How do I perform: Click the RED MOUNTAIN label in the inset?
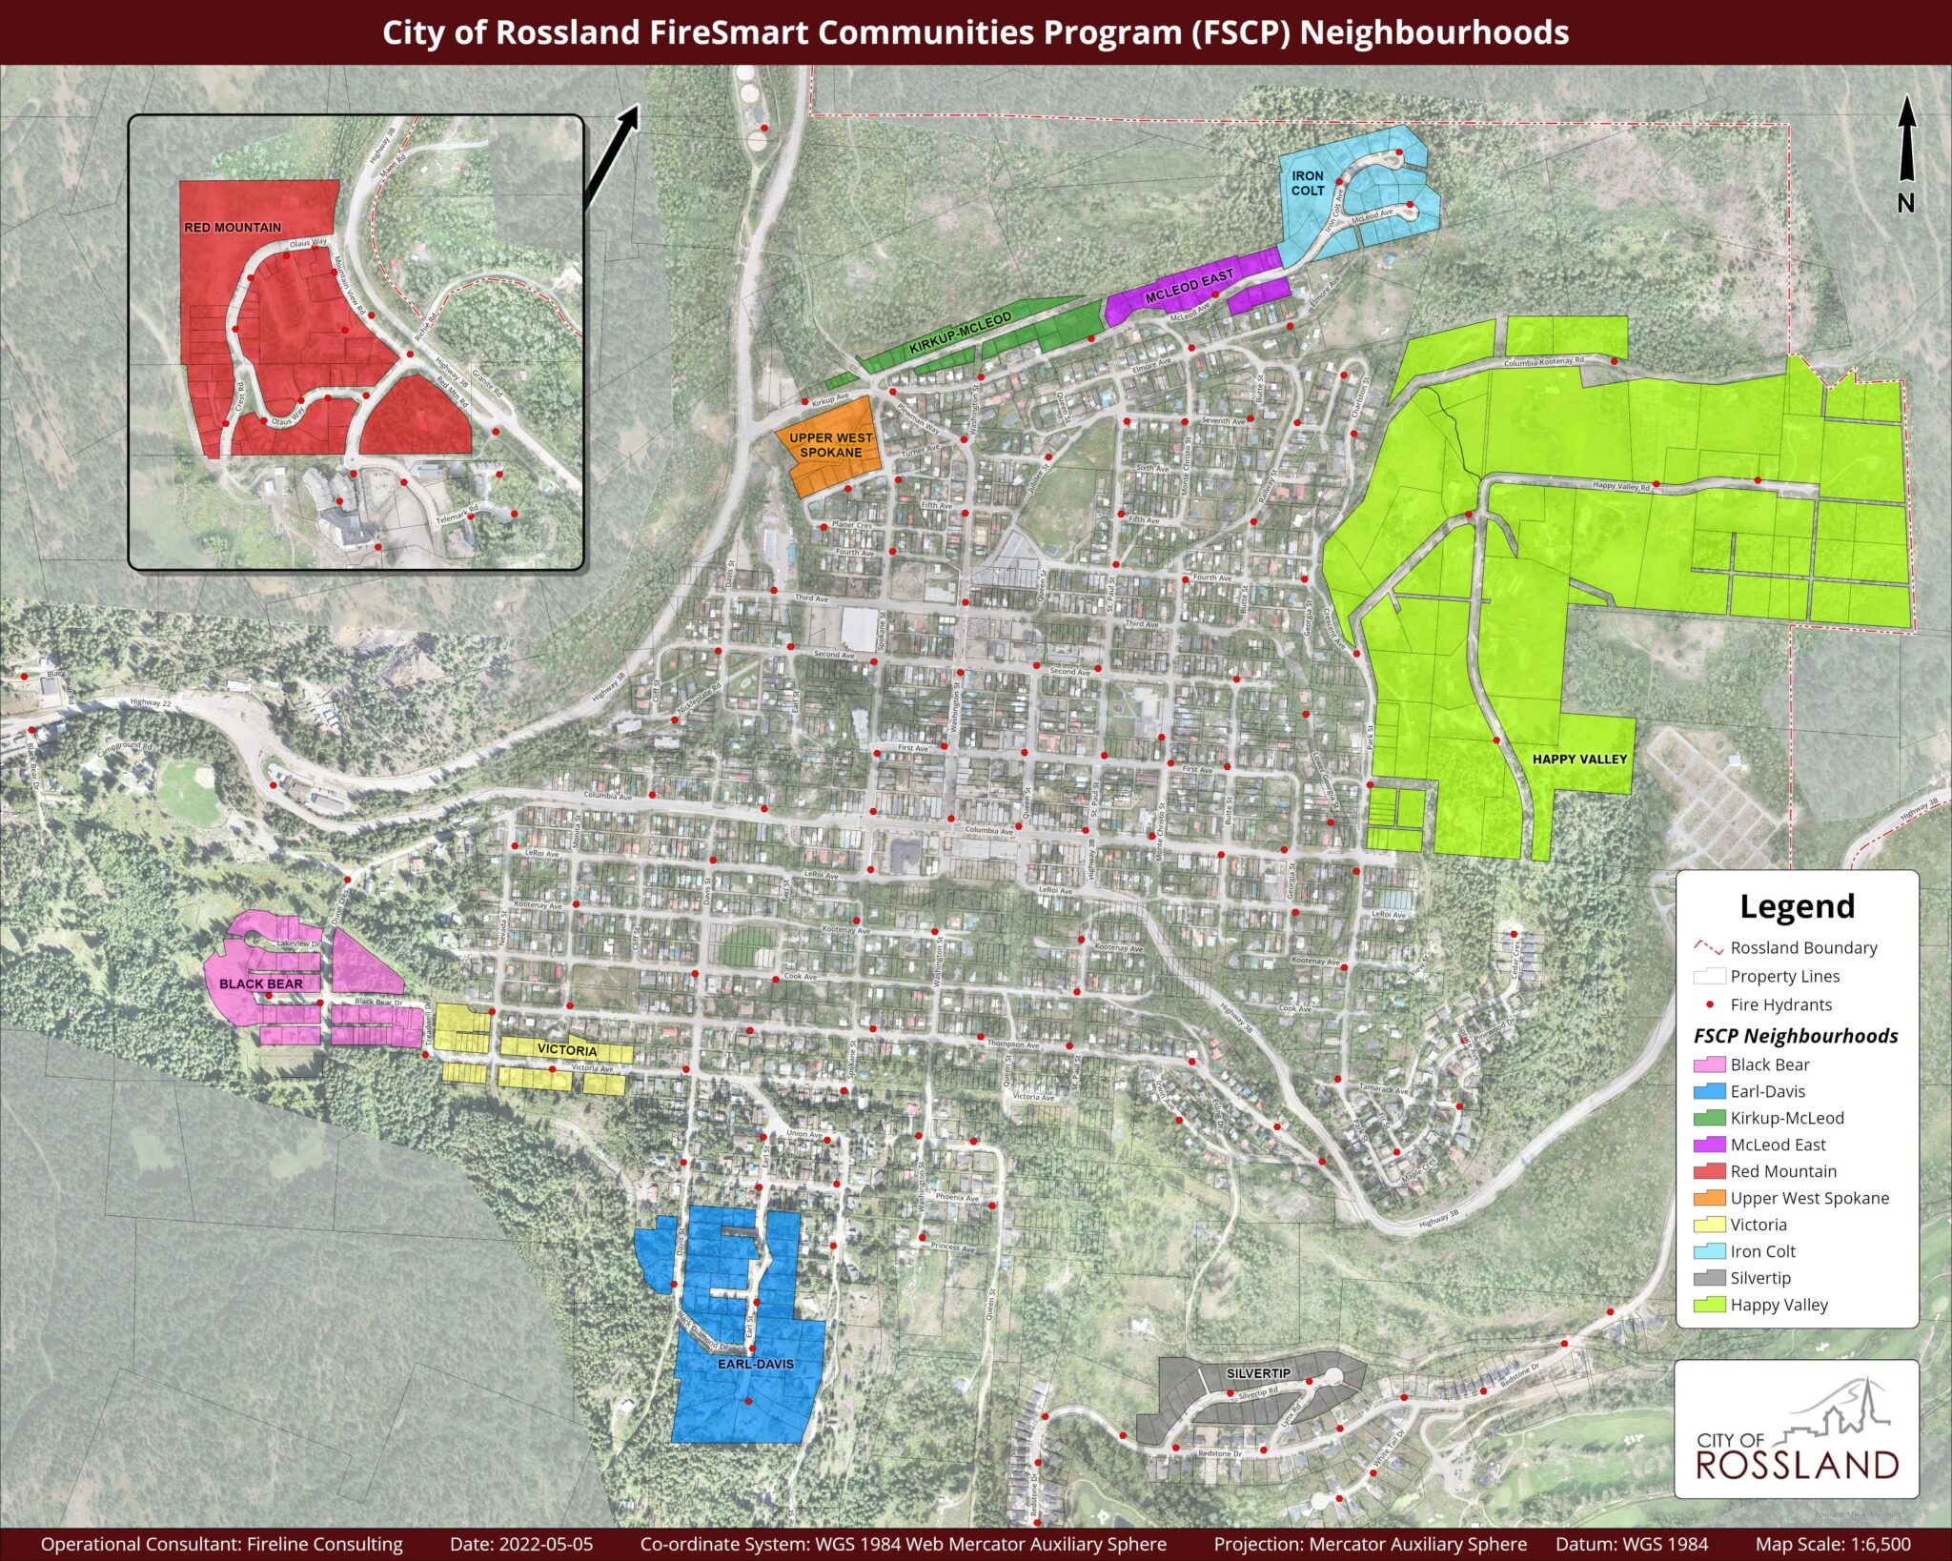point(233,228)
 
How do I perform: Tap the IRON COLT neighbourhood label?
point(1308,183)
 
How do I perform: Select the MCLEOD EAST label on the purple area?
point(1189,287)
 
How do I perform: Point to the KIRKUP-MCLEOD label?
point(960,334)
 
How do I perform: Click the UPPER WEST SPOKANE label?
point(830,445)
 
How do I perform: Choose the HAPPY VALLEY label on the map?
point(1579,760)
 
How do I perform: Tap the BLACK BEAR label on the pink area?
point(261,983)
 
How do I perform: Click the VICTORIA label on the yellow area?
point(567,1050)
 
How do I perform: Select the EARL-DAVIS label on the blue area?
point(755,1364)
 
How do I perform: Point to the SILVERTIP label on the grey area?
point(1258,1373)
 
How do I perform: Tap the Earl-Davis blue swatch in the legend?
point(1709,1091)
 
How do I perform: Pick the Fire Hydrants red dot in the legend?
point(1710,1004)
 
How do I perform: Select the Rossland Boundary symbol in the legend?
point(1709,948)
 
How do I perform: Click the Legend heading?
point(1797,906)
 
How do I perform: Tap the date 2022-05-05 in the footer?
point(520,1544)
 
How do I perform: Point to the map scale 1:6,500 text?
point(1832,1544)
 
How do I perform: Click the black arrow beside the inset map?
point(610,156)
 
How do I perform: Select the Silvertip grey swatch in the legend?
point(1709,1278)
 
